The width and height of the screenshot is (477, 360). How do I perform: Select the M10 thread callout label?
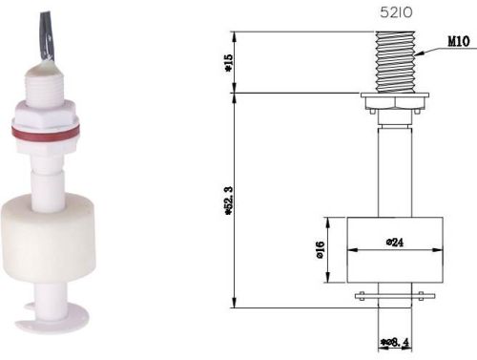[457, 42]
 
